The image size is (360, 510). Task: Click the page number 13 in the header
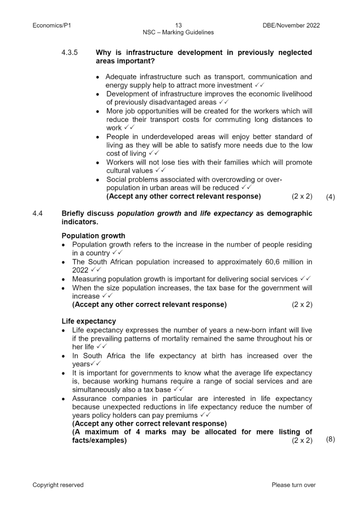pyautogui.click(x=178, y=26)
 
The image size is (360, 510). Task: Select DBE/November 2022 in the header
pyautogui.click(x=288, y=26)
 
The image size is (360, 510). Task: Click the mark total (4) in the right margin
pyautogui.click(x=330, y=197)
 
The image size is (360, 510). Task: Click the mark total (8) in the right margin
pyautogui.click(x=330, y=439)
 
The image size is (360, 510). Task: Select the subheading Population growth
pyautogui.click(x=93, y=236)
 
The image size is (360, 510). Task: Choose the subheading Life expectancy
pyautogui.click(x=89, y=321)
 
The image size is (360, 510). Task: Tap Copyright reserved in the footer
pyautogui.click(x=58, y=485)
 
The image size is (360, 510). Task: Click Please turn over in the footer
pyautogui.click(x=294, y=485)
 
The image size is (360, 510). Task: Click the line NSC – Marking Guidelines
pyautogui.click(x=178, y=33)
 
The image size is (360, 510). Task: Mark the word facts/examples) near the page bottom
pyautogui.click(x=99, y=441)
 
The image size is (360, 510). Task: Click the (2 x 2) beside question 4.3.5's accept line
pyautogui.click(x=302, y=197)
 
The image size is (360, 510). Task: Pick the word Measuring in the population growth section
pyautogui.click(x=88, y=279)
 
